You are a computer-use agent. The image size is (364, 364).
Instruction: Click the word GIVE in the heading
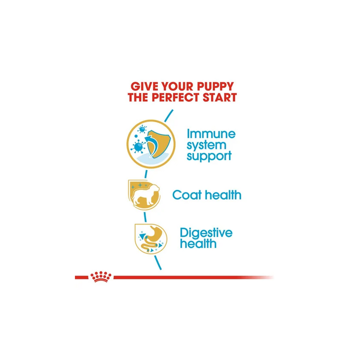click(142, 86)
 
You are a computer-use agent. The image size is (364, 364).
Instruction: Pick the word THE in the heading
click(141, 97)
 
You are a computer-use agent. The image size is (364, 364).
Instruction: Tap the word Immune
click(211, 134)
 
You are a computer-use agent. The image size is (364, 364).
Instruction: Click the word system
click(206, 144)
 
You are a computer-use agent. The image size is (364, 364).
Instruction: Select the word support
click(209, 155)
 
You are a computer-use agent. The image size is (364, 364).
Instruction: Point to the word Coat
click(187, 196)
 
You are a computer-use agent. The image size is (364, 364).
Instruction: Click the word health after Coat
click(223, 196)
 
